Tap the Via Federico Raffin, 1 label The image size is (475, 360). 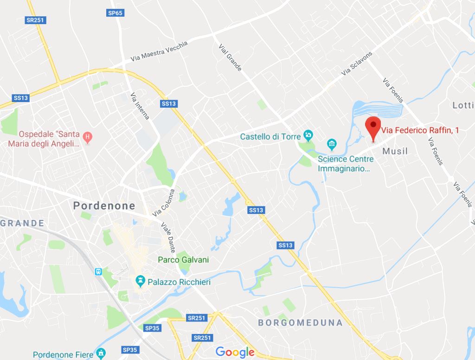[420, 131]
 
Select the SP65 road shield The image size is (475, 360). [115, 13]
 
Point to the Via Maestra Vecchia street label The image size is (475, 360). [159, 51]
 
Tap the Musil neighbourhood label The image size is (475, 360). [395, 151]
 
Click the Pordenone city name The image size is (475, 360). [104, 206]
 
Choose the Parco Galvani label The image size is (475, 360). [183, 260]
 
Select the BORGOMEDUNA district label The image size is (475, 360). [300, 322]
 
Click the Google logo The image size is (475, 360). [235, 352]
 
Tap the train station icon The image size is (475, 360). [98, 271]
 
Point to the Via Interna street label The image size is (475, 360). [140, 106]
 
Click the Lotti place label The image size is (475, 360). [463, 105]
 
